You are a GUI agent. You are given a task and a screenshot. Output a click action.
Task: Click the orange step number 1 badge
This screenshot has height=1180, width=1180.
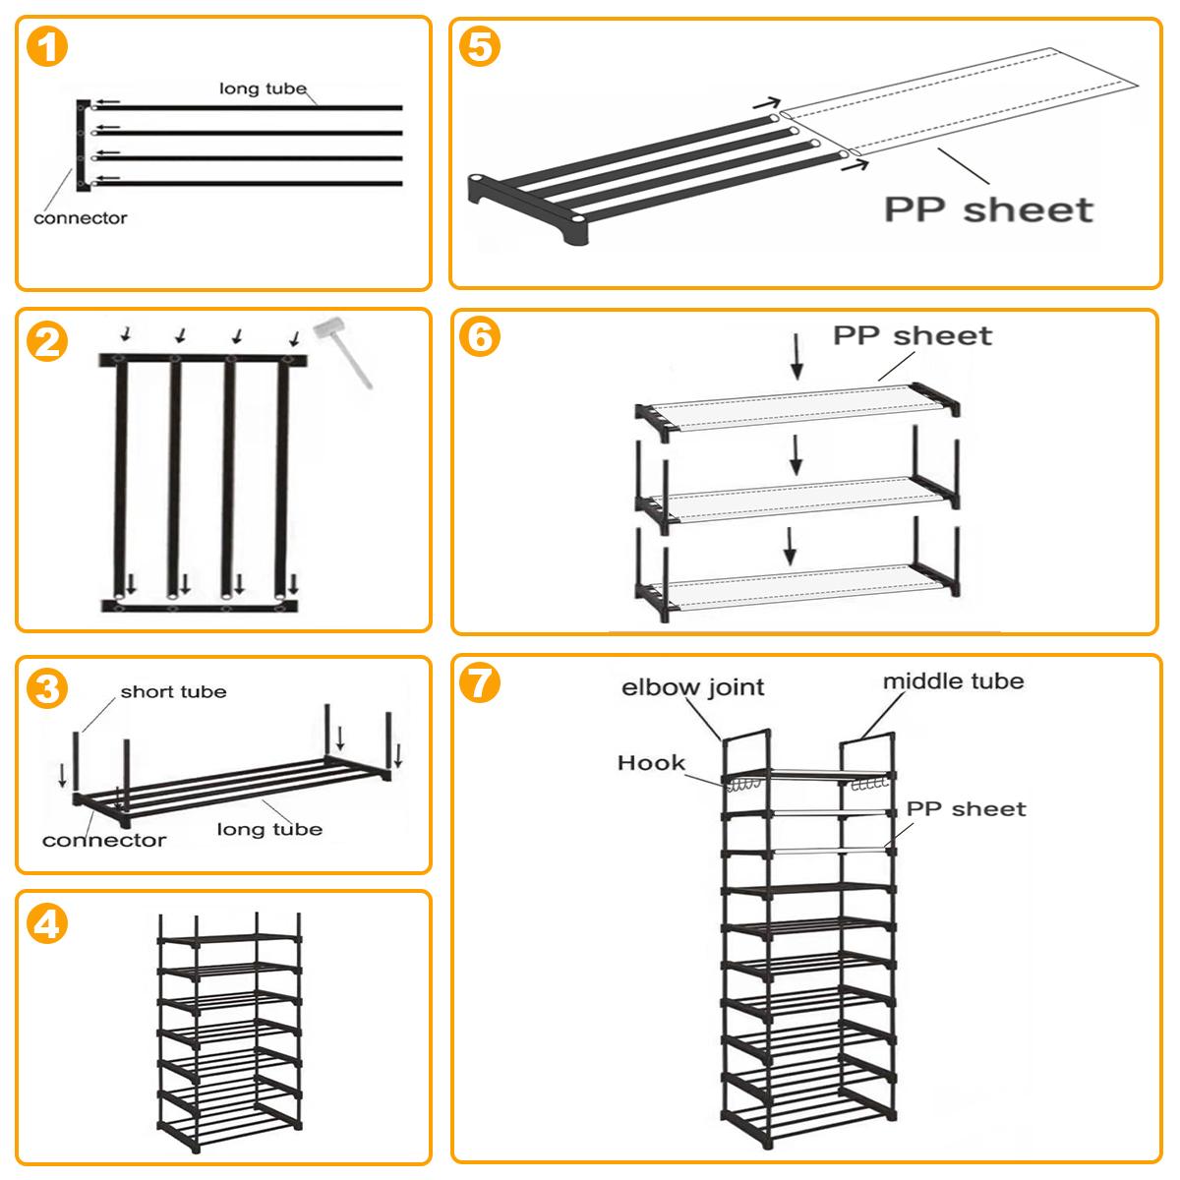(x=46, y=48)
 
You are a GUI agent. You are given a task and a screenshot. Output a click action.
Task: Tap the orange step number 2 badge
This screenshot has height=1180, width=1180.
(x=46, y=342)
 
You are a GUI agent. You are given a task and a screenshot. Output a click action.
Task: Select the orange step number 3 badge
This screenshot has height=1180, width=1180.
(x=46, y=689)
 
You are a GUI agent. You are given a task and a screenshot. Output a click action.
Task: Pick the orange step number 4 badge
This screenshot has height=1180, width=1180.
(x=46, y=924)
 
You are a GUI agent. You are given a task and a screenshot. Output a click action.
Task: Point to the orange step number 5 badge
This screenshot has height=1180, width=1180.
(x=481, y=48)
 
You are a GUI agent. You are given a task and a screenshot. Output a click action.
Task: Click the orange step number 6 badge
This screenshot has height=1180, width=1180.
(x=481, y=337)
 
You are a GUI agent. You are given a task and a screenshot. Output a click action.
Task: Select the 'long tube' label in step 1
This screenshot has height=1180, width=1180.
(x=263, y=88)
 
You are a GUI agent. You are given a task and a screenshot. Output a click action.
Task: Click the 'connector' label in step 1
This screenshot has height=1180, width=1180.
(x=80, y=218)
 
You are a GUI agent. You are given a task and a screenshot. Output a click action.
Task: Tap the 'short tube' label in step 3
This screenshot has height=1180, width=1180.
(x=173, y=692)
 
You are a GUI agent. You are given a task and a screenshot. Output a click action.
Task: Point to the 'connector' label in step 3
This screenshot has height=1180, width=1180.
(x=104, y=840)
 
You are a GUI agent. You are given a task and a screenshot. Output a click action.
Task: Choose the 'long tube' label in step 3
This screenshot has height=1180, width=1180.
(x=269, y=830)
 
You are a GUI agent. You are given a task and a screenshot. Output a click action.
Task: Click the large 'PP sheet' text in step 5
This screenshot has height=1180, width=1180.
(x=988, y=209)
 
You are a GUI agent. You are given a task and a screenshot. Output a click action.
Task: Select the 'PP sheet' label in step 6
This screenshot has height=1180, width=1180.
(x=913, y=336)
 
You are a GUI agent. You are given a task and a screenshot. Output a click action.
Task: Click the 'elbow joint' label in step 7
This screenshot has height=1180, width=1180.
(x=692, y=687)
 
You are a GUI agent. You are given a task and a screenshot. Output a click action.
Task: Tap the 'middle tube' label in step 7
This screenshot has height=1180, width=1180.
(x=952, y=681)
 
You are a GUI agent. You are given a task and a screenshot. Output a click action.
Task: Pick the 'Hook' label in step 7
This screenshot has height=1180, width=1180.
(x=651, y=763)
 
